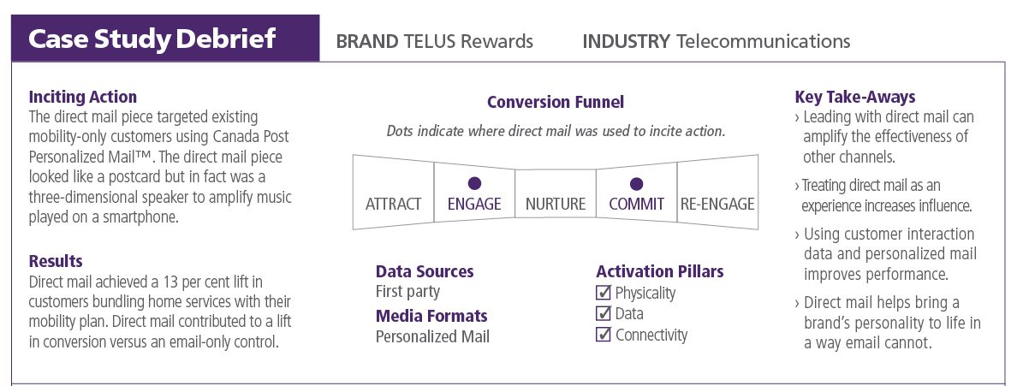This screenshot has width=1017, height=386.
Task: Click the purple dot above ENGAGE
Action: click(x=474, y=184)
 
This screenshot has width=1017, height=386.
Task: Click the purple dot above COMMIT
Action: click(x=636, y=184)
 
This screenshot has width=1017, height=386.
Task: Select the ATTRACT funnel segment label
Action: click(x=393, y=205)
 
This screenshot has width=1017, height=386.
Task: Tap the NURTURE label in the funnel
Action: click(x=556, y=205)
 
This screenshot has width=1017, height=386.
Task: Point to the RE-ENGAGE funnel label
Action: click(x=717, y=205)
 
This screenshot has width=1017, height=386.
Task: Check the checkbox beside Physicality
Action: click(x=604, y=294)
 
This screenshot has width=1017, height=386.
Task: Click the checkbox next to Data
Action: click(x=604, y=314)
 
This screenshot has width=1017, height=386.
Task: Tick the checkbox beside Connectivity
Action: click(x=604, y=335)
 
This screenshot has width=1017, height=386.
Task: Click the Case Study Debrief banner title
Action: click(x=152, y=39)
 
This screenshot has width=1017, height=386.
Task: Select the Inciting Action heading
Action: click(x=83, y=98)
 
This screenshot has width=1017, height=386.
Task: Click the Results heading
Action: click(x=56, y=261)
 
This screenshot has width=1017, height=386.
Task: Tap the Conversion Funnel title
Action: click(x=556, y=102)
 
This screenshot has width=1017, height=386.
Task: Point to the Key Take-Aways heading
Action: click(x=855, y=98)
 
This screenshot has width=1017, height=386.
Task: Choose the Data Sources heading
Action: click(x=425, y=271)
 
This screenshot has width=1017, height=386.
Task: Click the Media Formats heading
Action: click(x=431, y=316)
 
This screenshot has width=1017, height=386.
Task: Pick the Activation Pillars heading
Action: click(x=660, y=271)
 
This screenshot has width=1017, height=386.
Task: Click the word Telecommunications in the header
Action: click(x=763, y=42)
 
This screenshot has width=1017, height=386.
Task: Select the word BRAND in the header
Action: click(x=367, y=42)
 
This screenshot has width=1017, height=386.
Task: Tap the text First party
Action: click(x=407, y=292)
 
